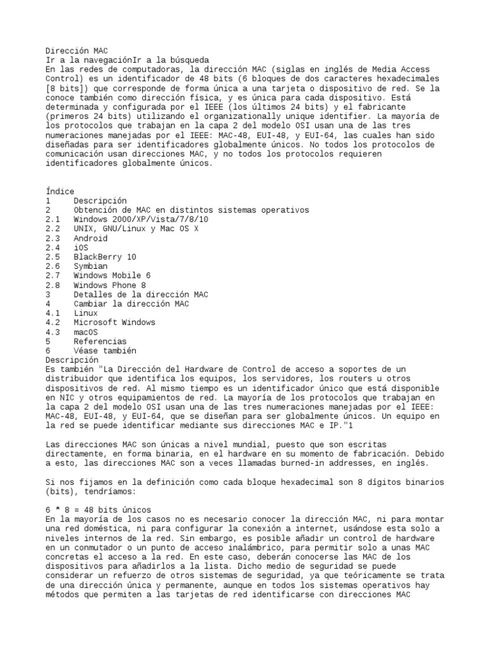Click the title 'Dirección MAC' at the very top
click(77, 50)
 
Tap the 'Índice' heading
click(60, 191)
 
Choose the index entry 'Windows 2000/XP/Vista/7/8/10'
click(141, 219)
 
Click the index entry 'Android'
click(90, 238)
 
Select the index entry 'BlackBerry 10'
click(104, 257)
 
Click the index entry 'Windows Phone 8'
click(109, 285)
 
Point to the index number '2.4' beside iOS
click(53, 247)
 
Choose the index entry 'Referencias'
click(100, 342)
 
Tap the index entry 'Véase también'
click(104, 351)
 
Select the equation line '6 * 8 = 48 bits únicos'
click(98, 510)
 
